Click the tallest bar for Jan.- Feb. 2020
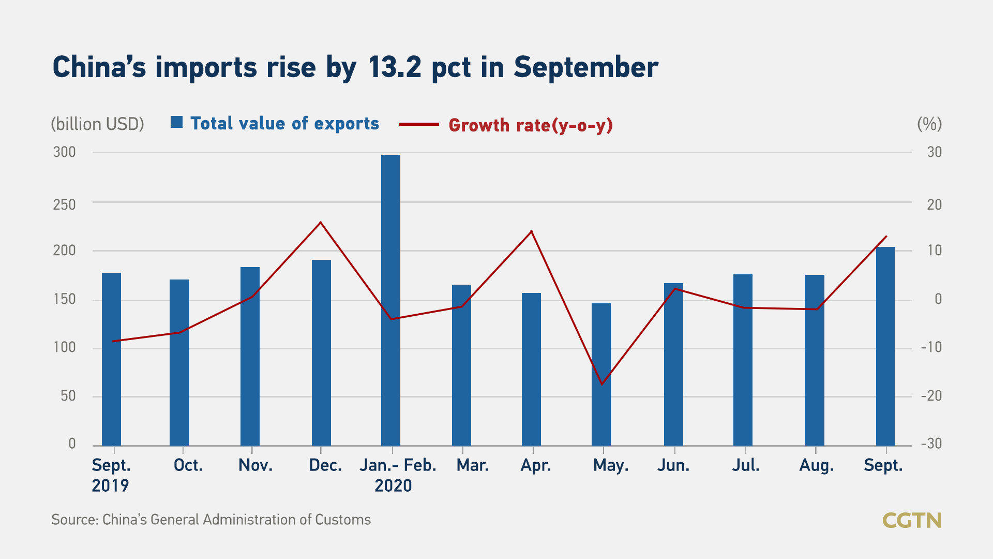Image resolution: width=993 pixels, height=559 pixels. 390,300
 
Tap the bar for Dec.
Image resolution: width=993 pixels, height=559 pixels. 321,352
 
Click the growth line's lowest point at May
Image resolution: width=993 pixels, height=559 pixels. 601,384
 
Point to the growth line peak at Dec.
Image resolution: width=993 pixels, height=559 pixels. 321,223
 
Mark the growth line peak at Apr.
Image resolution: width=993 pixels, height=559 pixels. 532,231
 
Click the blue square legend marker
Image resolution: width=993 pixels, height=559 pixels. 177,122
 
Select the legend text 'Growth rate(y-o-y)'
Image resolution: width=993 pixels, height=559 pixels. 531,125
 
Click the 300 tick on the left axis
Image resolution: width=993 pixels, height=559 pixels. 65,152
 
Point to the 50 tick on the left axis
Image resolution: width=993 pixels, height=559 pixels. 68,396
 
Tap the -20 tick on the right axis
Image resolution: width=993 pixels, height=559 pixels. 931,396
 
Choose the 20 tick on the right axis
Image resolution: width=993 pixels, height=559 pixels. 934,205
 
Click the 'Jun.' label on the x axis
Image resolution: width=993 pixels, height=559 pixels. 673,465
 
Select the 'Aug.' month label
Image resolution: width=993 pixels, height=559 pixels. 816,465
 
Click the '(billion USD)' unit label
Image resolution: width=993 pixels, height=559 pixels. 97,124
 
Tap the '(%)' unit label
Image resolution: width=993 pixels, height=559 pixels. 929,124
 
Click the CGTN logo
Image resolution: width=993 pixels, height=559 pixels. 912,520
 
